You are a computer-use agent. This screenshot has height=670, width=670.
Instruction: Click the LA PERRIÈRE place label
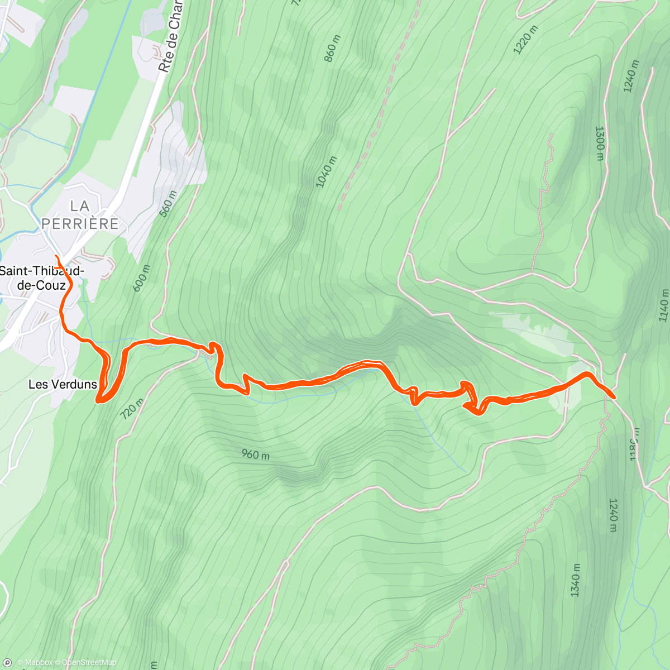(80, 215)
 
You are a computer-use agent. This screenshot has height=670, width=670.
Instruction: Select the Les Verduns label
(63, 384)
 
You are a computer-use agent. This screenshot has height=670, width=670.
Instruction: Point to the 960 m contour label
(255, 454)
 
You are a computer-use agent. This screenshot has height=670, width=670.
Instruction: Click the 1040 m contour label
(327, 172)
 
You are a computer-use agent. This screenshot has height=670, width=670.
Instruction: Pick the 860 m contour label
(332, 49)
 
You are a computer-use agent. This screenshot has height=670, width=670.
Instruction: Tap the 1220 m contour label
(525, 40)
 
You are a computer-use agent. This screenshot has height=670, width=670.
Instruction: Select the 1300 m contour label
(600, 143)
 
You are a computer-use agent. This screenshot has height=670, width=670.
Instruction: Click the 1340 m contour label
(576, 580)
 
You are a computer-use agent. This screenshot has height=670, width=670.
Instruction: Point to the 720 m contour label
(132, 409)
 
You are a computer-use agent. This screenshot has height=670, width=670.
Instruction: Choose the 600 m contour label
(142, 278)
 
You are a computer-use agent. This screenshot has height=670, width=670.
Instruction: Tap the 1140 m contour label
(663, 305)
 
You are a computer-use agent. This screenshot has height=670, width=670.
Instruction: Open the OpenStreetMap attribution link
(89, 663)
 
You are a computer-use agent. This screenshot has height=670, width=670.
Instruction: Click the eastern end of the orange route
(614, 396)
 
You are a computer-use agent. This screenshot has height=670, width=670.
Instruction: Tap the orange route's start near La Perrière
(56, 256)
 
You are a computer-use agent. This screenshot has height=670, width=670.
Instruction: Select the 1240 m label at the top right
(631, 76)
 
